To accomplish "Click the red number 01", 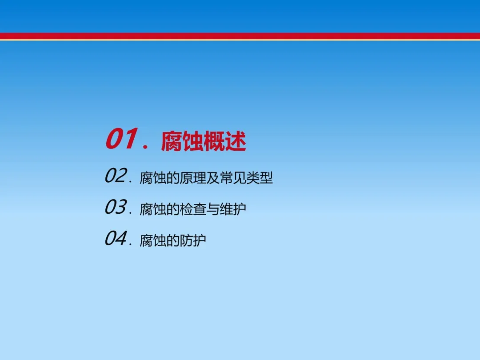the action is (121, 139).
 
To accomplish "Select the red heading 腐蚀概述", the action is (204, 141).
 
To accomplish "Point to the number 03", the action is (116, 207).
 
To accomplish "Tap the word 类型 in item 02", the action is (260, 178).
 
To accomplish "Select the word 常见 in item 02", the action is (233, 178).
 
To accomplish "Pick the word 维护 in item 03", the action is (232, 209).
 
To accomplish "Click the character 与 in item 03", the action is (213, 209).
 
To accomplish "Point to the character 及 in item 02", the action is (213, 178).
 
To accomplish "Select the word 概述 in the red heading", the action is (225, 141).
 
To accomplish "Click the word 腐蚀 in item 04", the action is (153, 240).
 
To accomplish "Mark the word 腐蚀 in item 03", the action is (153, 209).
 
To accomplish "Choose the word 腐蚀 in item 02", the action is (153, 178).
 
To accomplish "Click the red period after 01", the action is (145, 147).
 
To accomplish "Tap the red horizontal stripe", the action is (240, 36).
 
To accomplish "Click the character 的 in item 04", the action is (172, 240).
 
